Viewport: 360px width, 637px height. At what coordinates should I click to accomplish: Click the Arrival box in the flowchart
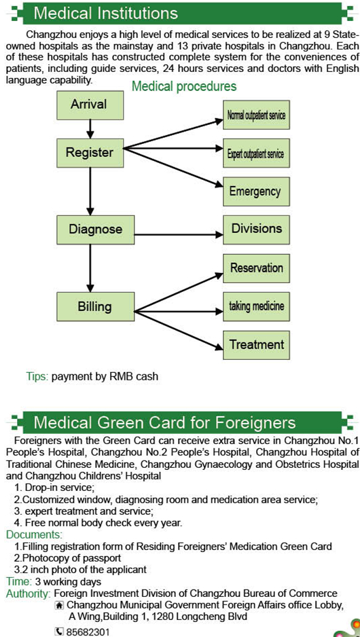pyautogui.click(x=90, y=105)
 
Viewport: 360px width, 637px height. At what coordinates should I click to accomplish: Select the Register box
pyautogui.click(x=90, y=153)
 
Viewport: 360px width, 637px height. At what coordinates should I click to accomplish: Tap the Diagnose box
pyautogui.click(x=95, y=230)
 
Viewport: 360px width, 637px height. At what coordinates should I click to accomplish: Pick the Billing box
pyautogui.click(x=95, y=307)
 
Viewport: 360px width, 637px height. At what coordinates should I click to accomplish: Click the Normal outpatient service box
pyautogui.click(x=256, y=115)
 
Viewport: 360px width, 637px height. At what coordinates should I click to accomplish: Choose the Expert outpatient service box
pyautogui.click(x=256, y=153)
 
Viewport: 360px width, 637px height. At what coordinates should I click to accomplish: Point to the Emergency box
pyautogui.click(x=256, y=192)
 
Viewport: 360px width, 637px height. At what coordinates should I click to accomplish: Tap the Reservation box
pyautogui.click(x=256, y=268)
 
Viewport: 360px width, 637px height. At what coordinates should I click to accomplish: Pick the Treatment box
pyautogui.click(x=256, y=345)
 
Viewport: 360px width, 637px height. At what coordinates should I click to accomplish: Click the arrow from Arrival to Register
pyautogui.click(x=90, y=129)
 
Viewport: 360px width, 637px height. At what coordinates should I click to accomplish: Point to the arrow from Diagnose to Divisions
pyautogui.click(x=179, y=234)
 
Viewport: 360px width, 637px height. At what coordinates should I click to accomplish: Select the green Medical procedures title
pyautogui.click(x=184, y=86)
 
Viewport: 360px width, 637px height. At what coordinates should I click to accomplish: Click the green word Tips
pyautogui.click(x=37, y=377)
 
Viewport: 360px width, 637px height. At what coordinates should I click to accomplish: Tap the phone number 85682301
pyautogui.click(x=88, y=632)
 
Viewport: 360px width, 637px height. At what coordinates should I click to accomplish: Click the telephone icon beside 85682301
pyautogui.click(x=59, y=632)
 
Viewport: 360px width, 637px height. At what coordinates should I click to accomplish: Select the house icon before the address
pyautogui.click(x=60, y=606)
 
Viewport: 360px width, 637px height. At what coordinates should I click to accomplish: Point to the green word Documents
pyautogui.click(x=35, y=534)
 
